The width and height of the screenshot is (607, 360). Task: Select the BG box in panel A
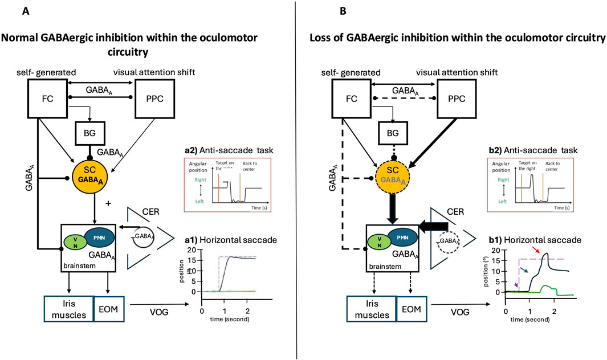[x=93, y=133]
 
